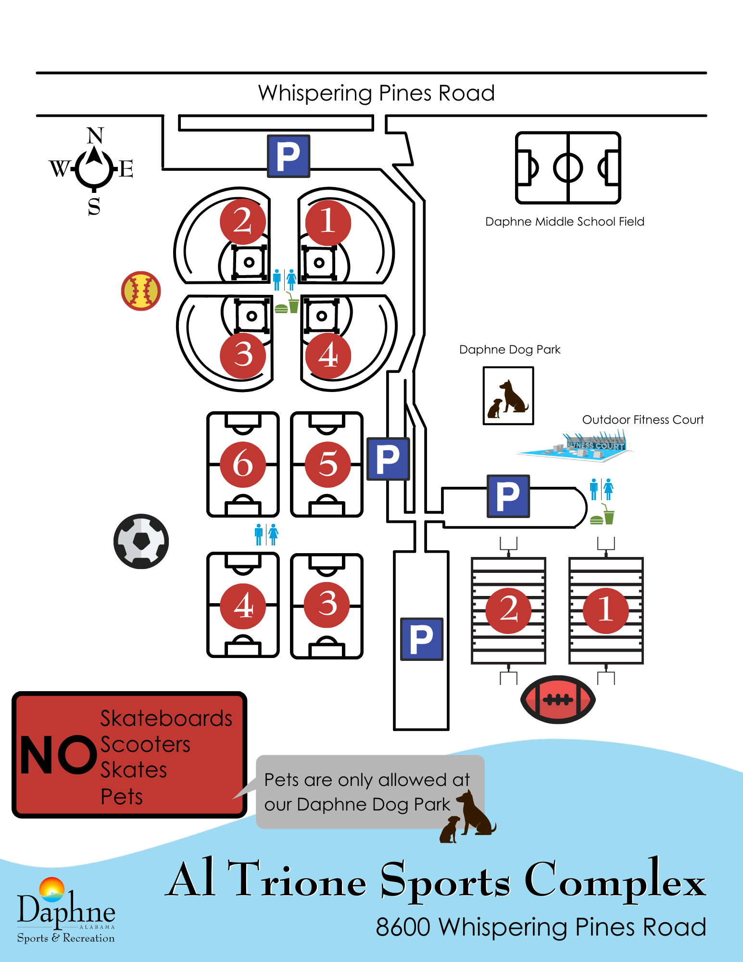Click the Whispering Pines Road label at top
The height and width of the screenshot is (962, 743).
376,93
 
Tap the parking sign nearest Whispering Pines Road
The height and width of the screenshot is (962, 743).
289,156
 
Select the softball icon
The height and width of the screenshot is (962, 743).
141,291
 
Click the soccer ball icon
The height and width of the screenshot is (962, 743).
141,541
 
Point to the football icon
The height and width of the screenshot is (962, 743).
558,699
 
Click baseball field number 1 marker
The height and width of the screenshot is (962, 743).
328,222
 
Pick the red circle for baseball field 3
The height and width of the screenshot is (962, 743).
243,355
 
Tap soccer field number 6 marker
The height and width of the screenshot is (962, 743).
243,464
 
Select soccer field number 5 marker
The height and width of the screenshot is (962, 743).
328,464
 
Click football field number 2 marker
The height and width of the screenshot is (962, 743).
508,610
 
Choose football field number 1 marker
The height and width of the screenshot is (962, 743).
605,610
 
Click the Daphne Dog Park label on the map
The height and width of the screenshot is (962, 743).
510,350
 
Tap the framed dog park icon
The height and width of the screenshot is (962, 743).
508,395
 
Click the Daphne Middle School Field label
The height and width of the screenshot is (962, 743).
565,222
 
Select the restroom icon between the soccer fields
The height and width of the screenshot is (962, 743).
266,534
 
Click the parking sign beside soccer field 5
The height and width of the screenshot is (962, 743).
388,459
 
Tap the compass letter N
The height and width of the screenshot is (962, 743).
95,136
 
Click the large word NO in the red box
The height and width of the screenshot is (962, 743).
58,755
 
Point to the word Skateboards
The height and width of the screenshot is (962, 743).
166,719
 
